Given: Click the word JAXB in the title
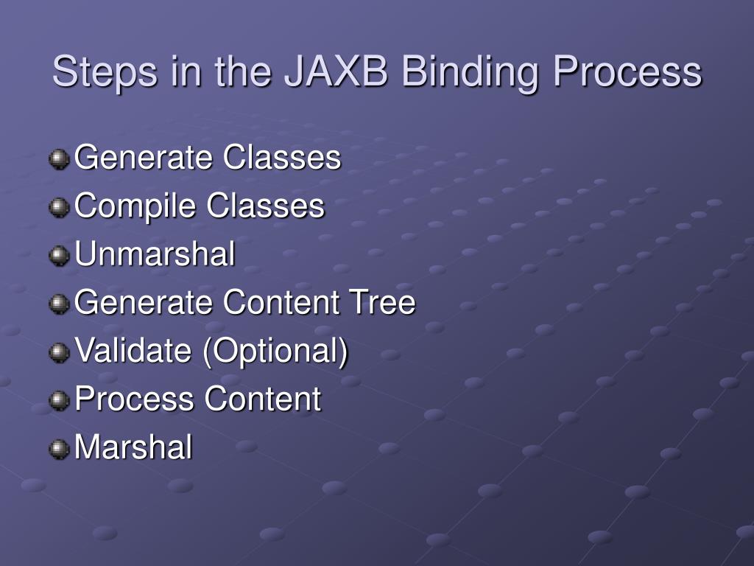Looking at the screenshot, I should pyautogui.click(x=334, y=72).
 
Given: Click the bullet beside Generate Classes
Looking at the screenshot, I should pyautogui.click(x=59, y=158).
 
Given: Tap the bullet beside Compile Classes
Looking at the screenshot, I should pyautogui.click(x=59, y=207).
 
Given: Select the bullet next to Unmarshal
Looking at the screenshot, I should pyautogui.click(x=59, y=256).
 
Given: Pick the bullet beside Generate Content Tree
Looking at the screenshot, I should pyautogui.click(x=59, y=304).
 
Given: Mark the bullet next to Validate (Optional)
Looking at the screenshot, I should pyautogui.click(x=59, y=352).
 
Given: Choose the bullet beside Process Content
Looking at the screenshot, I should pyautogui.click(x=59, y=400).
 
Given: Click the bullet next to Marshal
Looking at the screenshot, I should pyautogui.click(x=59, y=448).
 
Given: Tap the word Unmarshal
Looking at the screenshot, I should pyautogui.click(x=155, y=254).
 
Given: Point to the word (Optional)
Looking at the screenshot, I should pyautogui.click(x=275, y=351).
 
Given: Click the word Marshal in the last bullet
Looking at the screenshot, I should pyautogui.click(x=134, y=447).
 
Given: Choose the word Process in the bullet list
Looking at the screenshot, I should pyautogui.click(x=135, y=399).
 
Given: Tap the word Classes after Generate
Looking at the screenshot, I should pyautogui.click(x=283, y=158).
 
